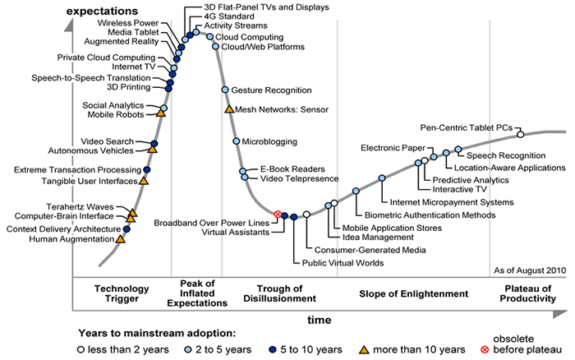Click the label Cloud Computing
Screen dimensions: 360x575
[251, 37]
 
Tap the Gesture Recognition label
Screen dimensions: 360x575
[272, 90]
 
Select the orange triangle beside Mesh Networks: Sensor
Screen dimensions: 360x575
[229, 108]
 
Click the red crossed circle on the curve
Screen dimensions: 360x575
[278, 215]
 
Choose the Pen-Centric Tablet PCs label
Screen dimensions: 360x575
[467, 127]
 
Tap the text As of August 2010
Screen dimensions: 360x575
[531, 269]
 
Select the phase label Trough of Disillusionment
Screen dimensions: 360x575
[280, 294]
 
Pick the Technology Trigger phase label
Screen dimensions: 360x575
[122, 294]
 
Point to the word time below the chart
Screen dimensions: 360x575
[320, 319]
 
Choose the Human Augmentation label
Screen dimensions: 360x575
[71, 239]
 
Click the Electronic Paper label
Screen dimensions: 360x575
[391, 148]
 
